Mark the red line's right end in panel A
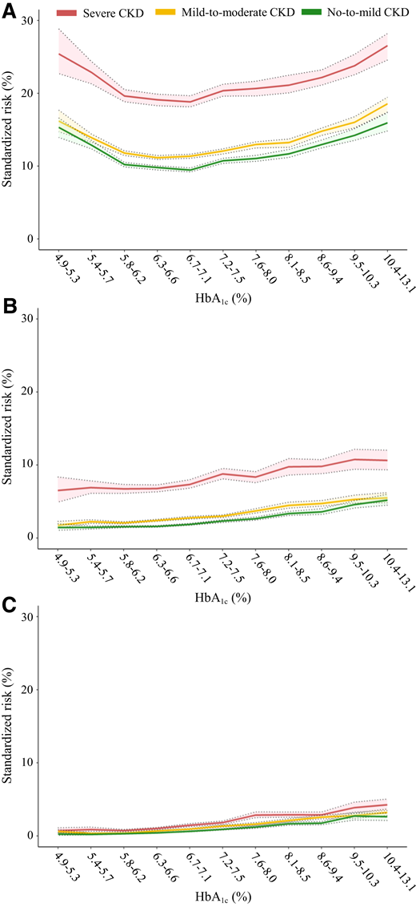click(x=386, y=46)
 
